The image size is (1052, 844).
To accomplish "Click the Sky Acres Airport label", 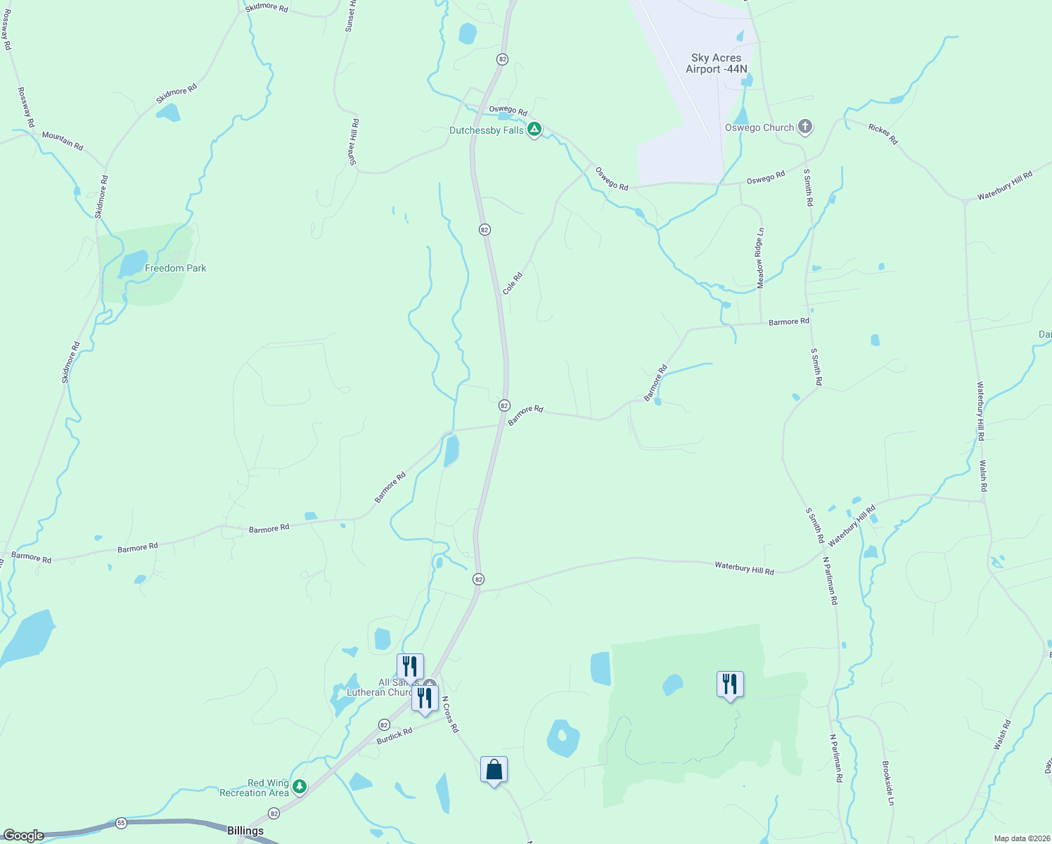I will [x=716, y=63].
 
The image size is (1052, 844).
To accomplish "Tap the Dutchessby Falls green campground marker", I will [x=534, y=129].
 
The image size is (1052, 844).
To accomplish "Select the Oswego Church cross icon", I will [x=805, y=127].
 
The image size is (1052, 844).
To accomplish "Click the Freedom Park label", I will [x=175, y=268].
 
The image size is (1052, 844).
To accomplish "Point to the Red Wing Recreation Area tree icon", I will [x=300, y=786].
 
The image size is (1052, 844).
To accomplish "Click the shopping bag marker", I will [x=494, y=769].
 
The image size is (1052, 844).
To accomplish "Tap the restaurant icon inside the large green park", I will [x=730, y=684].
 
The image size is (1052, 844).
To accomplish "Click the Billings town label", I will [x=245, y=831].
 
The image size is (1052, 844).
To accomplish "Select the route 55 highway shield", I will [x=121, y=822].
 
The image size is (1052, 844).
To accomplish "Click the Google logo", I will [x=23, y=836].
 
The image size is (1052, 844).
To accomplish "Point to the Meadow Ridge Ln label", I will [x=759, y=257].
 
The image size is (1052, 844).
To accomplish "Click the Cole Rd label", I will [x=513, y=283].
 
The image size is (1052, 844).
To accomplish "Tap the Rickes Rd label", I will [x=883, y=134].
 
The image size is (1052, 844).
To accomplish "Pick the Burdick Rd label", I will [x=394, y=736].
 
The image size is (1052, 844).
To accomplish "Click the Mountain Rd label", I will [x=63, y=140].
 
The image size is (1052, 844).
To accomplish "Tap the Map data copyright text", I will [x=1020, y=838].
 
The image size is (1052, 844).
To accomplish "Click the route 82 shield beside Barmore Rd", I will [x=504, y=405].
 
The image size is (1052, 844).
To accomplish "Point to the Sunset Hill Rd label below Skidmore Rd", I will [x=354, y=142].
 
